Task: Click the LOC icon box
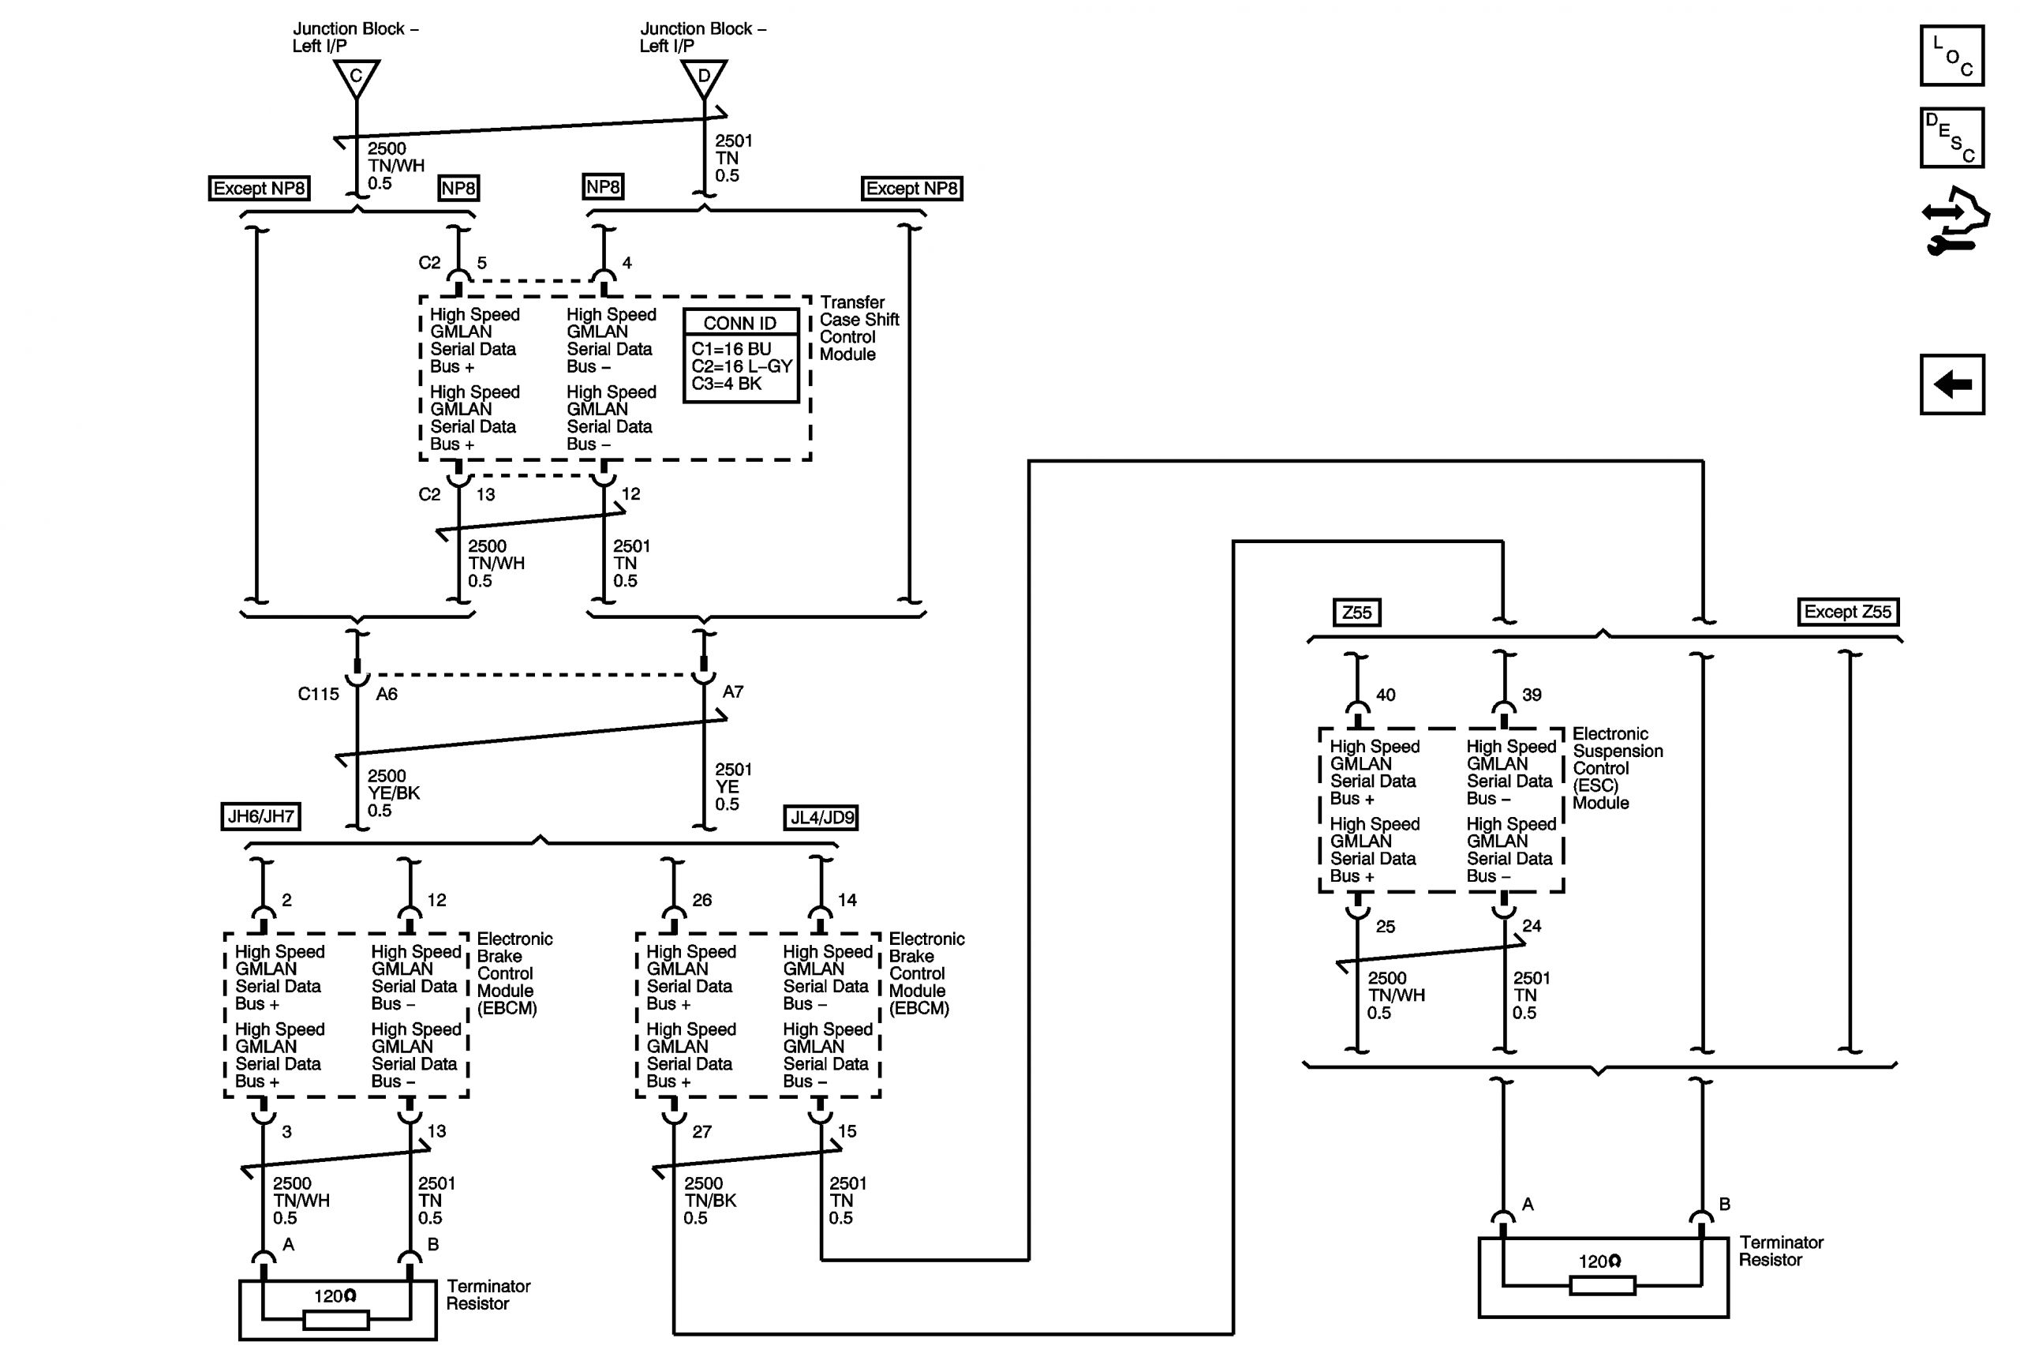pyautogui.click(x=1951, y=56)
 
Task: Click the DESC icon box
pyautogui.click(x=1951, y=137)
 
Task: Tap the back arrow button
pyautogui.click(x=1952, y=384)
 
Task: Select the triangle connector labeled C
pyautogui.click(x=357, y=77)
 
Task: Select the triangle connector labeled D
pyautogui.click(x=704, y=77)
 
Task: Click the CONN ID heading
pyautogui.click(x=739, y=324)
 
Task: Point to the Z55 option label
pyautogui.click(x=1356, y=613)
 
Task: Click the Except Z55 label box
pyautogui.click(x=1847, y=612)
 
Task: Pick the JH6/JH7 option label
pyautogui.click(x=260, y=817)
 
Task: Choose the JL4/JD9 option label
pyautogui.click(x=821, y=818)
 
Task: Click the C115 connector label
pyautogui.click(x=318, y=694)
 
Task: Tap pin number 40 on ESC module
pyautogui.click(x=1386, y=695)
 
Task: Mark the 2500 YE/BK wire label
pyautogui.click(x=393, y=793)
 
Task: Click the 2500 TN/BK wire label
pyautogui.click(x=709, y=1200)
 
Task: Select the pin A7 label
pyautogui.click(x=733, y=691)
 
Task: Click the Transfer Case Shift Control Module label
pyautogui.click(x=858, y=328)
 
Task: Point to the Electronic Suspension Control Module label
pyautogui.click(x=1617, y=768)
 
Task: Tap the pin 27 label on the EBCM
pyautogui.click(x=701, y=1131)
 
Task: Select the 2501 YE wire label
pyautogui.click(x=733, y=786)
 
